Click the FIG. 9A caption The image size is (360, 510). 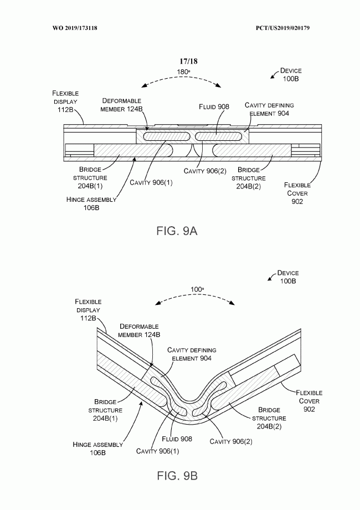[177, 231]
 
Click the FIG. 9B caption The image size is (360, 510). [177, 476]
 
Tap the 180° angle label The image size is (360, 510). [183, 72]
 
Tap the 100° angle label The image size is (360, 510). [197, 289]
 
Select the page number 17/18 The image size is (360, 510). [188, 61]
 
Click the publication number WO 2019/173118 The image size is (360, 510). [75, 28]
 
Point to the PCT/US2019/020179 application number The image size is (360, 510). [282, 28]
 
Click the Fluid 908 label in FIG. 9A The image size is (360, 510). [214, 106]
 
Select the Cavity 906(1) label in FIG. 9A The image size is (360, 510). [151, 182]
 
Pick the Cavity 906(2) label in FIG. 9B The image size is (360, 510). [231, 441]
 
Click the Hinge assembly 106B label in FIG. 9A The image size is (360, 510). [91, 203]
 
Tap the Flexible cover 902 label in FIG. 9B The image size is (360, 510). [309, 401]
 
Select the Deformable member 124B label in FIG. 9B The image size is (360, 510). [139, 330]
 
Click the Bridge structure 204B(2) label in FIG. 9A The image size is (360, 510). [249, 178]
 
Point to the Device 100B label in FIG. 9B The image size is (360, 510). [288, 277]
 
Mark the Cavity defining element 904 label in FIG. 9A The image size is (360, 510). [269, 109]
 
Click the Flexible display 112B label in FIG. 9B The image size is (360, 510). [88, 310]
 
